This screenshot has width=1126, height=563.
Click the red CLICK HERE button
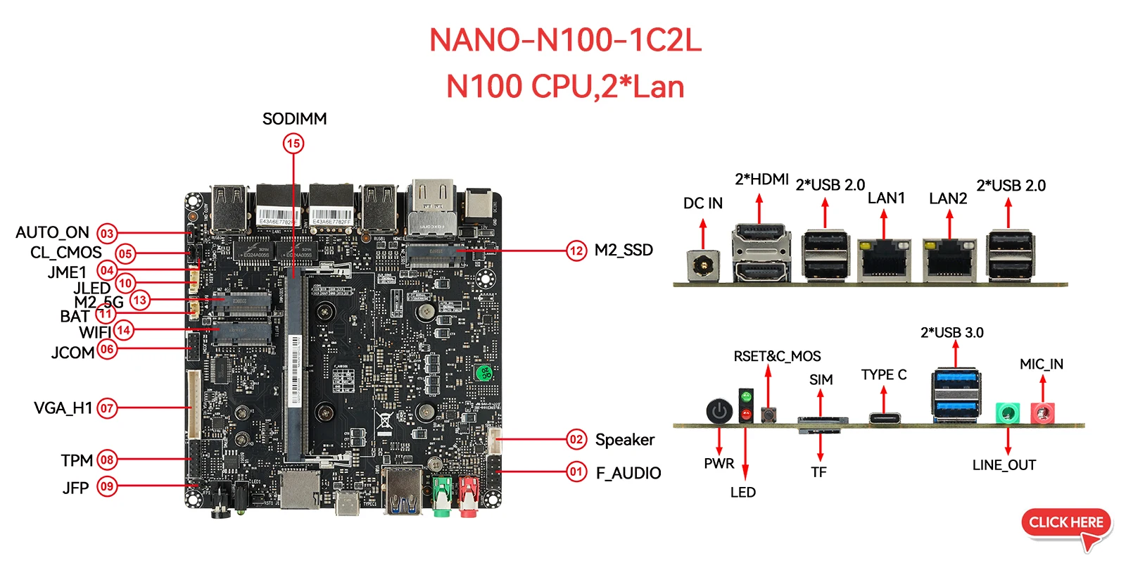1065,523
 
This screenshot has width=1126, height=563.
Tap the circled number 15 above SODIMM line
293,144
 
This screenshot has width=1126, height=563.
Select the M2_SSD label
624,250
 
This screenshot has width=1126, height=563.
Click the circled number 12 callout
576,251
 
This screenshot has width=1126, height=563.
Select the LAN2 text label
947,198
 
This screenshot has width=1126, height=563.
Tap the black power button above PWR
719,411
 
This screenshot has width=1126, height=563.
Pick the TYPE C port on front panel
883,419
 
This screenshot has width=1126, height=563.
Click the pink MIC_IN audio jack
1042,412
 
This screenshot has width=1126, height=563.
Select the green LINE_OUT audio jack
1008,412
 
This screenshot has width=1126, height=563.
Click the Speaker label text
624,440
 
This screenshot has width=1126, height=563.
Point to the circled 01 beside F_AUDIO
576,472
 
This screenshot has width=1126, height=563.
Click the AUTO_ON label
52,233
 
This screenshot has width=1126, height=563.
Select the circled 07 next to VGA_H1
107,408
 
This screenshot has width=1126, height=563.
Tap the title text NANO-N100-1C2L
565,41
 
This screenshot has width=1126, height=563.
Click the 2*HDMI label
761,179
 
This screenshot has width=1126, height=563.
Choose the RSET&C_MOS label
777,357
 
